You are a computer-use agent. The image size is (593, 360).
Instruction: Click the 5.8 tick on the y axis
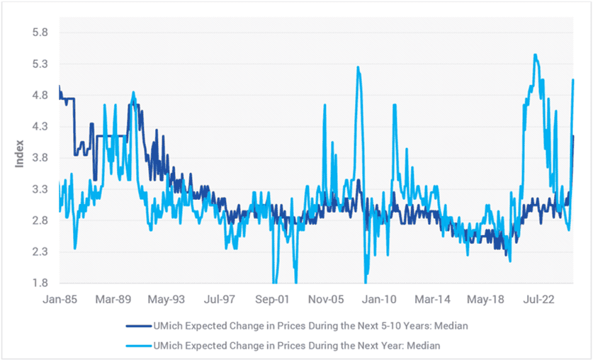[x=40, y=33]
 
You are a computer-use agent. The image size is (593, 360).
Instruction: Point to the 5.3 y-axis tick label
[x=40, y=64]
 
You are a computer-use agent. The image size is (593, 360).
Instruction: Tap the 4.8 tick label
[x=40, y=95]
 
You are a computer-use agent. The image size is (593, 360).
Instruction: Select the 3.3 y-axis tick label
[x=40, y=189]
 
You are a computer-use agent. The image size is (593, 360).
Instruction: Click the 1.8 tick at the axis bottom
[x=40, y=283]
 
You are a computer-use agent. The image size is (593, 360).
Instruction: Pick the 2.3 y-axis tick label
[x=40, y=252]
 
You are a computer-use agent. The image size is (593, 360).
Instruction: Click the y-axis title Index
[x=19, y=154]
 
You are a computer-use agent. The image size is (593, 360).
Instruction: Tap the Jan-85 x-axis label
[x=60, y=300]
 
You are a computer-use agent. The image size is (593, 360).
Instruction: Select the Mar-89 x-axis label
[x=113, y=300]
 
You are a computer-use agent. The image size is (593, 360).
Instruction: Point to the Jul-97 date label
[x=220, y=300]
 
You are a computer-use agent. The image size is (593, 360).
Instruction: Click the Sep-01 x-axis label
[x=272, y=300]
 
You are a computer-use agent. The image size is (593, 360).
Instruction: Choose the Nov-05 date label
[x=326, y=300]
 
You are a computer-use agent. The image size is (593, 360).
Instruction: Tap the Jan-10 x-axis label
[x=379, y=300]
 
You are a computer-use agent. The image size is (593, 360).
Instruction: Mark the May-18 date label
[x=485, y=300]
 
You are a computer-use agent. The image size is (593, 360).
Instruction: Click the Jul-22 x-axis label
[x=538, y=300]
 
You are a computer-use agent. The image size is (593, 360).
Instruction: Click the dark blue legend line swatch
[x=138, y=326]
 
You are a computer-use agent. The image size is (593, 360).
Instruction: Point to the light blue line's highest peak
[x=535, y=55]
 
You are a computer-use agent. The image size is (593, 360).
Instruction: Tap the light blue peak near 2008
[x=358, y=67]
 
